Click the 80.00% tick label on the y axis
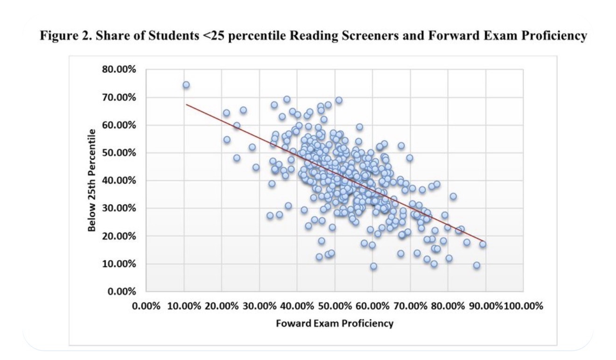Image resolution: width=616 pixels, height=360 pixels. click(x=119, y=70)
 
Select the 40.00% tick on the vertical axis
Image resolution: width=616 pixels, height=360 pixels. click(x=119, y=181)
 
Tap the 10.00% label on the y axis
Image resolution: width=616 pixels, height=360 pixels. click(x=119, y=264)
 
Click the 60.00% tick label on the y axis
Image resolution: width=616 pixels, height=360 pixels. click(x=119, y=125)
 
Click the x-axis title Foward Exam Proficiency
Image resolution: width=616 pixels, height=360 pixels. click(x=335, y=323)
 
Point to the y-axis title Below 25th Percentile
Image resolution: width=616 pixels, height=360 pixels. click(x=95, y=181)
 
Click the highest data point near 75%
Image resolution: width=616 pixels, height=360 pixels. click(x=186, y=85)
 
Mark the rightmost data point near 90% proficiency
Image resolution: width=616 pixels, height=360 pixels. click(x=483, y=244)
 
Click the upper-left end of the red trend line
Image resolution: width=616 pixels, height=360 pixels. click(x=187, y=104)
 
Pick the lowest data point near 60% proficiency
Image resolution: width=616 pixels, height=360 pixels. click(x=373, y=266)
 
